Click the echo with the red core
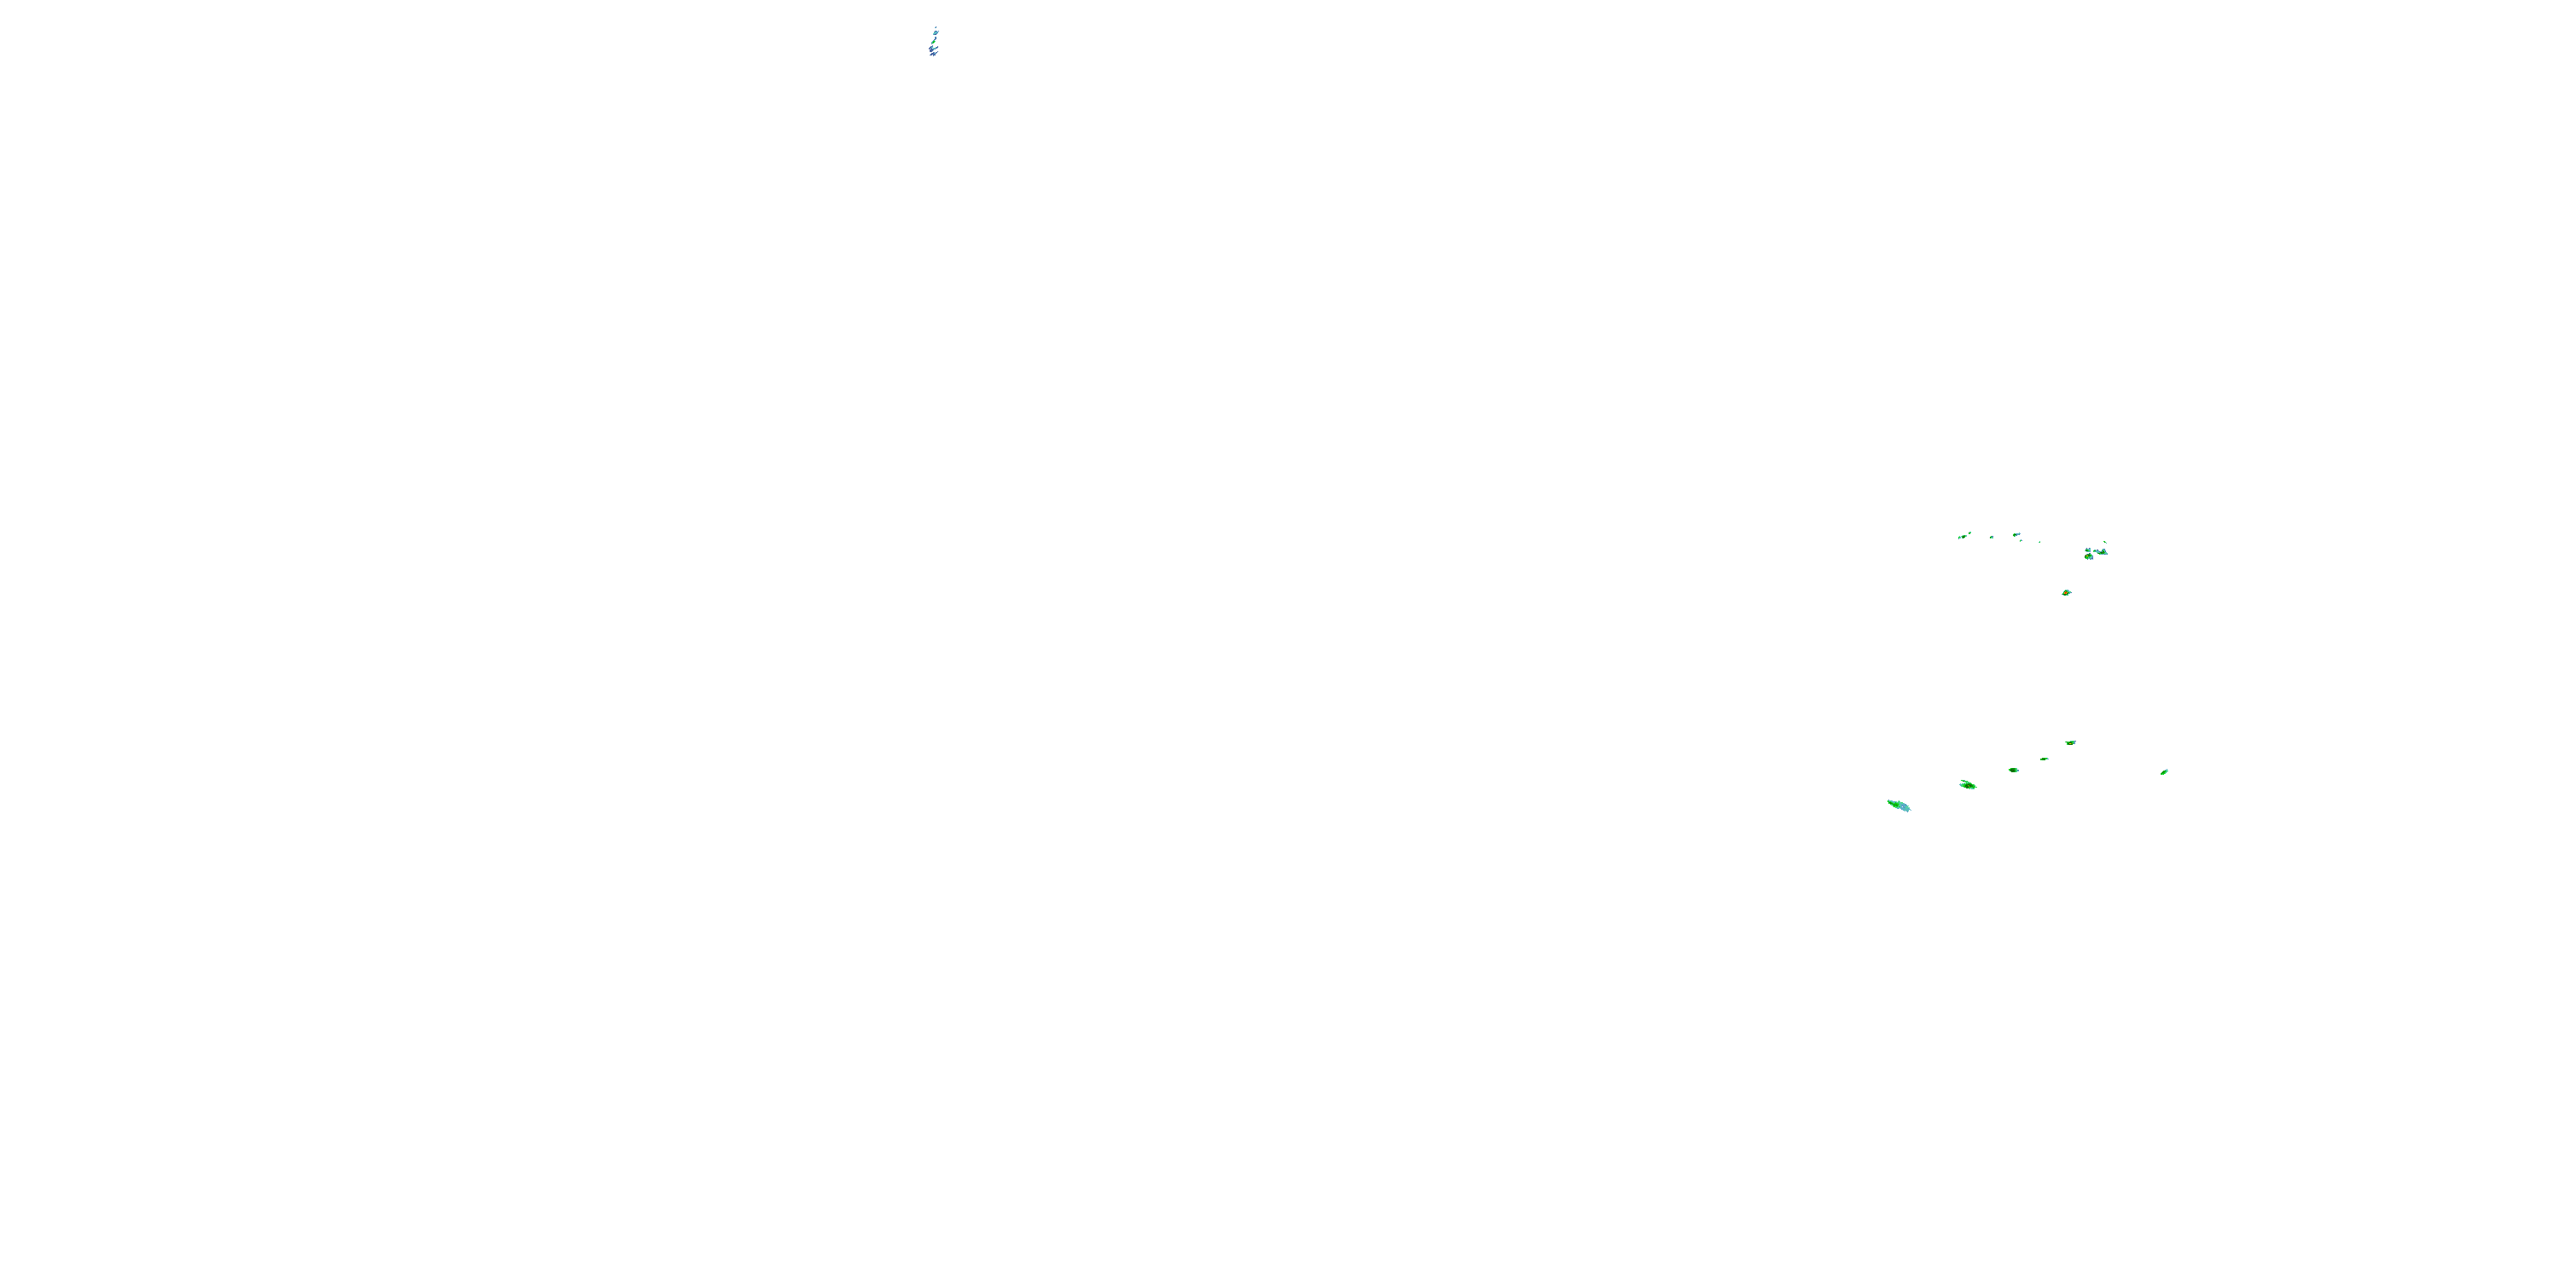point(2066,593)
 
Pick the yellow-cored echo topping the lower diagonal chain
point(2071,743)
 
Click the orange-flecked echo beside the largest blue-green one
point(1969,786)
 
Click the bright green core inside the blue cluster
point(934,42)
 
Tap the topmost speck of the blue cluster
point(936,28)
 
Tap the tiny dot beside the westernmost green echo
point(1970,532)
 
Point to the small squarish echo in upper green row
point(1992,538)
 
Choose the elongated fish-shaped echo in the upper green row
point(2017,535)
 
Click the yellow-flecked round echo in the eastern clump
point(2090,556)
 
